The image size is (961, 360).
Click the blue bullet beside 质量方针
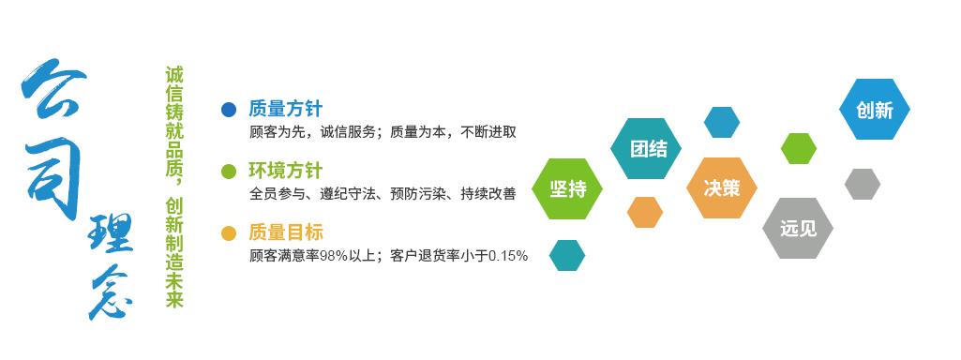pyautogui.click(x=228, y=110)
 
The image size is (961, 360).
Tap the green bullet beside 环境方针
pyautogui.click(x=228, y=172)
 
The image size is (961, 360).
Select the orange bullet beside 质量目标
pyautogui.click(x=228, y=233)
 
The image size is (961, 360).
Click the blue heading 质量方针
pyautogui.click(x=286, y=109)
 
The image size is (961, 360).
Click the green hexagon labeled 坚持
pyautogui.click(x=567, y=188)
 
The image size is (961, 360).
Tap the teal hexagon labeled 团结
pyautogui.click(x=646, y=148)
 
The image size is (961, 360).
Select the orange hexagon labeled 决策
pyautogui.click(x=722, y=187)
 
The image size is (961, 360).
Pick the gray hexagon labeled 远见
pyautogui.click(x=798, y=228)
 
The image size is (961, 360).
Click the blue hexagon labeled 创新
pyautogui.click(x=875, y=109)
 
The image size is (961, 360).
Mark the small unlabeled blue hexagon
pyautogui.click(x=722, y=123)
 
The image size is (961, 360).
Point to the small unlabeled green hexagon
pyautogui.click(x=799, y=148)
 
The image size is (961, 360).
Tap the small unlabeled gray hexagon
pyautogui.click(x=863, y=184)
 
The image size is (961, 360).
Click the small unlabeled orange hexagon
pyautogui.click(x=645, y=212)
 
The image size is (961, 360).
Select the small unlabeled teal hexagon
pyautogui.click(x=567, y=255)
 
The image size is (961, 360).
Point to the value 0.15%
pyautogui.click(x=507, y=255)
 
